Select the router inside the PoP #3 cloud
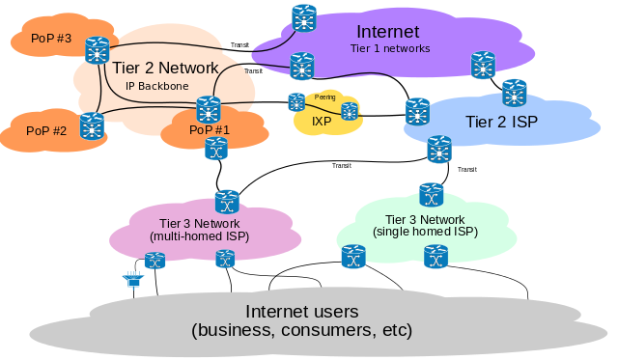coord(97,49)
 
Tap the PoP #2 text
coord(45,130)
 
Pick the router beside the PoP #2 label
coord(92,125)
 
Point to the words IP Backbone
coord(156,85)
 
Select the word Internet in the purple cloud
coord(388,32)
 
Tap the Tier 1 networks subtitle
coord(390,48)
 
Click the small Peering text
coord(324,97)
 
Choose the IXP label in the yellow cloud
coord(322,122)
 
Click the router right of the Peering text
coord(350,111)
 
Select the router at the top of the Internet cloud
coord(304,16)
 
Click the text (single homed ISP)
coord(425,232)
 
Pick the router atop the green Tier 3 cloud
coord(431,194)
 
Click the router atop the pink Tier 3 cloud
coord(227,202)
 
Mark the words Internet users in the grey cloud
coord(302,312)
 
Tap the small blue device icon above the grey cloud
coord(131,281)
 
